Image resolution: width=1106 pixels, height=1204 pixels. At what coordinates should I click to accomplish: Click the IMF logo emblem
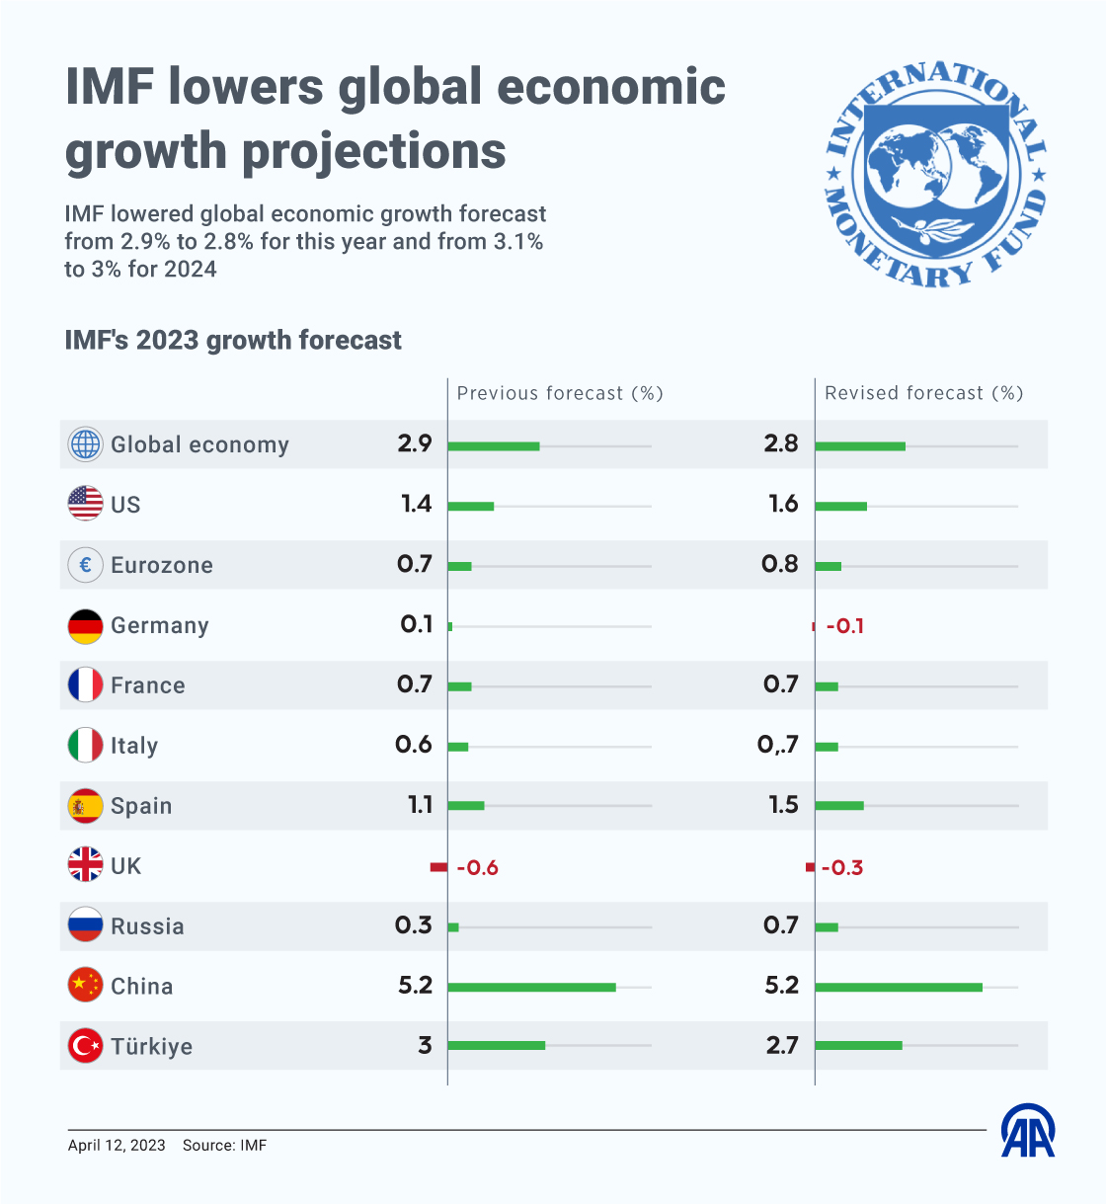(x=935, y=174)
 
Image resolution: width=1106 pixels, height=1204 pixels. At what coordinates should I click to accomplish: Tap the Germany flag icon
(x=85, y=626)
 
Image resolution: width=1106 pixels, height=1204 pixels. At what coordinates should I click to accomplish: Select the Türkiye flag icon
(x=85, y=1046)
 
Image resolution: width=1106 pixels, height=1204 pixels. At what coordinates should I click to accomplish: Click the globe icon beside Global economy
(x=85, y=444)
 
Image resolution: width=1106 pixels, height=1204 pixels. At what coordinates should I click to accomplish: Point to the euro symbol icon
(x=85, y=565)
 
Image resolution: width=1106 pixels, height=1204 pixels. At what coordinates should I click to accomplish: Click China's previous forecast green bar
(x=531, y=988)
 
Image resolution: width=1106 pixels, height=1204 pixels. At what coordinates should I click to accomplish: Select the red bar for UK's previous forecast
(x=438, y=866)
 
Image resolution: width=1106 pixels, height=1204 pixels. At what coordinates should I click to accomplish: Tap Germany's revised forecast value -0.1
(x=845, y=626)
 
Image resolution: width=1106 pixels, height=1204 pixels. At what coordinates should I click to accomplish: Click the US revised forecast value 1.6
(x=783, y=504)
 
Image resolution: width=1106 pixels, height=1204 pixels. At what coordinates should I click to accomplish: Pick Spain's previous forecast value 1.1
(x=420, y=805)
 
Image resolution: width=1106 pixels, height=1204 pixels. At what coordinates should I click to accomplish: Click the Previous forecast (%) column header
(x=560, y=393)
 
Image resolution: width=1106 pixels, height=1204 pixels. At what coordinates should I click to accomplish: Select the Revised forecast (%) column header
(x=924, y=393)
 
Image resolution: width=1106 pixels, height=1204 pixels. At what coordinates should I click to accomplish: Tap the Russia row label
(x=147, y=926)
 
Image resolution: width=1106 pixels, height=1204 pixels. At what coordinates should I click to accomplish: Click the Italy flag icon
(x=85, y=745)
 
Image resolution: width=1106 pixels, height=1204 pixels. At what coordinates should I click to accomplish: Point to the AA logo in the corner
(x=1028, y=1130)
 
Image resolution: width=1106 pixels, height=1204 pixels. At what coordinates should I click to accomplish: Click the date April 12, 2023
(x=117, y=1145)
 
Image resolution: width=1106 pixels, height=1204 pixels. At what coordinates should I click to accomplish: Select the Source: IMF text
(x=224, y=1145)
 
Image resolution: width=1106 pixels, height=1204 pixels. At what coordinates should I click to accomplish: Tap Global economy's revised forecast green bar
(x=860, y=446)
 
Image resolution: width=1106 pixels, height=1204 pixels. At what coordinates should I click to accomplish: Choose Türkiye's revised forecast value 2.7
(x=782, y=1046)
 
